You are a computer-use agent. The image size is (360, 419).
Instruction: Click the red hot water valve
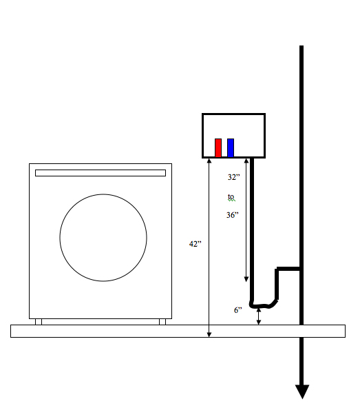click(x=218, y=147)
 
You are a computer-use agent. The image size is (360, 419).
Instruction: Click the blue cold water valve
click(x=231, y=147)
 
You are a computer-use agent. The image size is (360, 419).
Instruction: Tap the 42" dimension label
click(x=195, y=244)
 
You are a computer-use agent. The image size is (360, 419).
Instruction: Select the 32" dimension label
click(x=234, y=177)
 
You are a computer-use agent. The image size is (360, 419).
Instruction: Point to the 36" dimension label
click(x=233, y=215)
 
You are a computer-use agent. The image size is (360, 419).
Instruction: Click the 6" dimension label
click(x=237, y=310)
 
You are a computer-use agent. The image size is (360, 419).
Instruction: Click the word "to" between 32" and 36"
click(x=232, y=197)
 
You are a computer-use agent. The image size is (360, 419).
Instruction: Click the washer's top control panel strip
click(x=100, y=173)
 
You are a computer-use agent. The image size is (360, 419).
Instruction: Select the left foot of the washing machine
click(x=39, y=321)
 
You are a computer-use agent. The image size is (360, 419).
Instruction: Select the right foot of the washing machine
click(x=162, y=321)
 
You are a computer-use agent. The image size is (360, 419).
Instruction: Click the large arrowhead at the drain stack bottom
click(x=301, y=392)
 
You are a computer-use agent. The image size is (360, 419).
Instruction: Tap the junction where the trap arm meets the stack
click(x=301, y=269)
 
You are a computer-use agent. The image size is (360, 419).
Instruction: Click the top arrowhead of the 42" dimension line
click(x=209, y=161)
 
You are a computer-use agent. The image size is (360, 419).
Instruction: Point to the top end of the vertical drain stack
click(x=301, y=48)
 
